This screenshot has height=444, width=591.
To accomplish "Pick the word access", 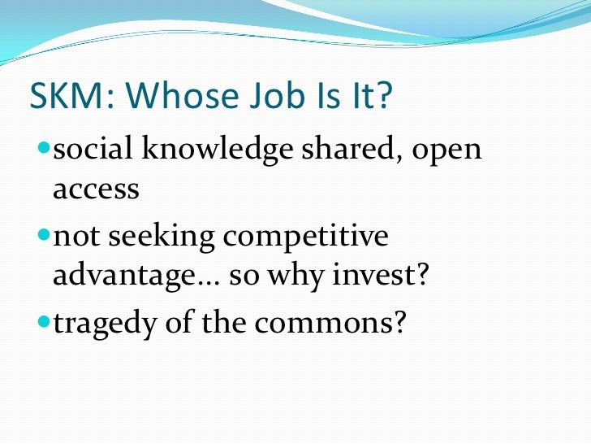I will pos(97,190).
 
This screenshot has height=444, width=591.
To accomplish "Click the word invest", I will pos(382,276).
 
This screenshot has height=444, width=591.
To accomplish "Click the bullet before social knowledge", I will pos(44,151).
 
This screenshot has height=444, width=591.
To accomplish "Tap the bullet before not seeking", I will pos(44,237).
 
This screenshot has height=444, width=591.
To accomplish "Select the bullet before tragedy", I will pos(44,323).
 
